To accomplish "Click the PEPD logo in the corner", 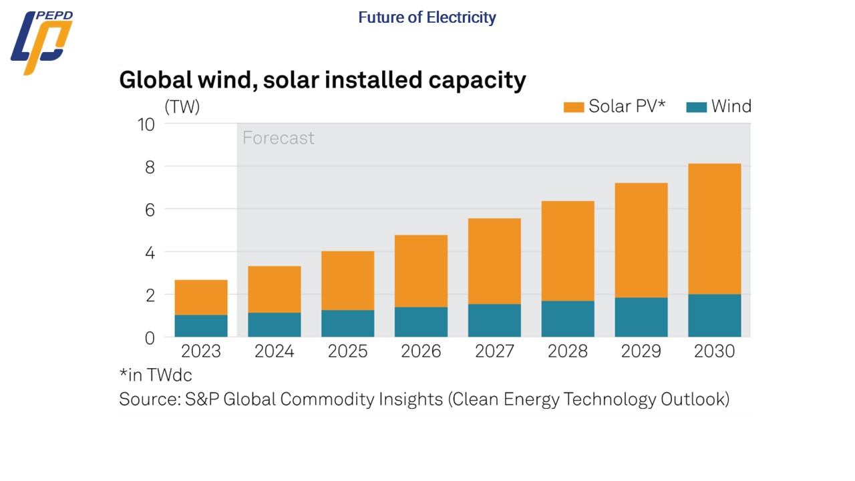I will (41, 42).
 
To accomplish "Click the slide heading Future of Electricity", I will (427, 17).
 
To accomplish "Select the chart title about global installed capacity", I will (322, 80).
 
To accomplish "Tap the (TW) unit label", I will (182, 106).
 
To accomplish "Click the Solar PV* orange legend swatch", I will (574, 106).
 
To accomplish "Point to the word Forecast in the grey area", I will (278, 138).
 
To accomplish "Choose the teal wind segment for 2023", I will (200, 325).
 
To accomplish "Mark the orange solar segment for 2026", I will (421, 271).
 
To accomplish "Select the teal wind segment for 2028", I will (567, 319).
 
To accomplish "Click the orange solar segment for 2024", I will (274, 289).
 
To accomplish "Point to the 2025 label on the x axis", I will (347, 351).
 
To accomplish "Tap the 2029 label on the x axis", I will (641, 351).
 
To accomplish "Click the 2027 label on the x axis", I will (494, 351).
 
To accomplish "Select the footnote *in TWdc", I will (155, 375).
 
